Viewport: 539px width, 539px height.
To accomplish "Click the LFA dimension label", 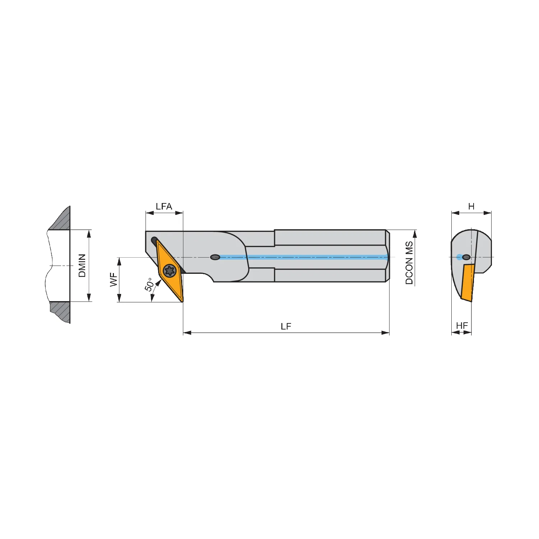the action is pyautogui.click(x=164, y=206).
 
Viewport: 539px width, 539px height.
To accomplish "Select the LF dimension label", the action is pyautogui.click(x=286, y=326).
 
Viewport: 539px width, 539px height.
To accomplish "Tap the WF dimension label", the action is pyautogui.click(x=114, y=280).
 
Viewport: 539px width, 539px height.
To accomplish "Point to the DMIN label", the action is pyautogui.click(x=82, y=266).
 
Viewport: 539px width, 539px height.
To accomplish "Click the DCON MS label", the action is pyautogui.click(x=409, y=263).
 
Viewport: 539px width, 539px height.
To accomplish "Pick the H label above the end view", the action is pyautogui.click(x=471, y=206).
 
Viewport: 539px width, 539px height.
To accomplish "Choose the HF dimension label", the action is pyautogui.click(x=462, y=326).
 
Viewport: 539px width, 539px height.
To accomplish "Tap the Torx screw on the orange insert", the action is pyautogui.click(x=169, y=270).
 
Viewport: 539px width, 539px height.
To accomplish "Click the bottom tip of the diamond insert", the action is pyautogui.click(x=182, y=301).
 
